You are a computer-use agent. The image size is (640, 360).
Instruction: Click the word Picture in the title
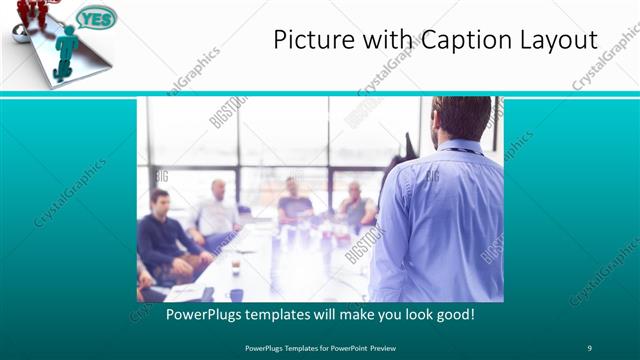point(309,40)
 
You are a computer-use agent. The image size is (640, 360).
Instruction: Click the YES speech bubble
point(96,18)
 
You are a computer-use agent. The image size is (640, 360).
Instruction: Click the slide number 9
point(589,347)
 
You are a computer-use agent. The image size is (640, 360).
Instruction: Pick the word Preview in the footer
point(394,347)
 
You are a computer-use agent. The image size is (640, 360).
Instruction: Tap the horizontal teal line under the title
point(320,93)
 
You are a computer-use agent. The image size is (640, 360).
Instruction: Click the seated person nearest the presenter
point(356,207)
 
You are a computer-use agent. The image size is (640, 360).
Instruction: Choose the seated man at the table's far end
point(294,200)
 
